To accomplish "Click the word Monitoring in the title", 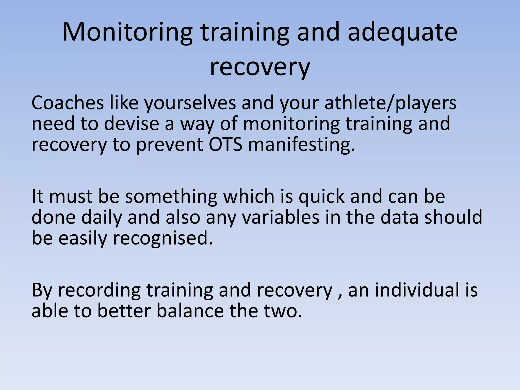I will pos(127,32).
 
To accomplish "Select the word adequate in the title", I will pos(402,32).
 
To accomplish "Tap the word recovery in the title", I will pos(260,68).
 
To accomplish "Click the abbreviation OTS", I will pos(225,144).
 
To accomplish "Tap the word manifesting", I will pos(301,144).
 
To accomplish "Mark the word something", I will pos(171,197).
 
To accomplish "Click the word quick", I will pos(321,197).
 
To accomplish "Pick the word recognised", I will pos(162,238).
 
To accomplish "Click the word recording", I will pos(99,290).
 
